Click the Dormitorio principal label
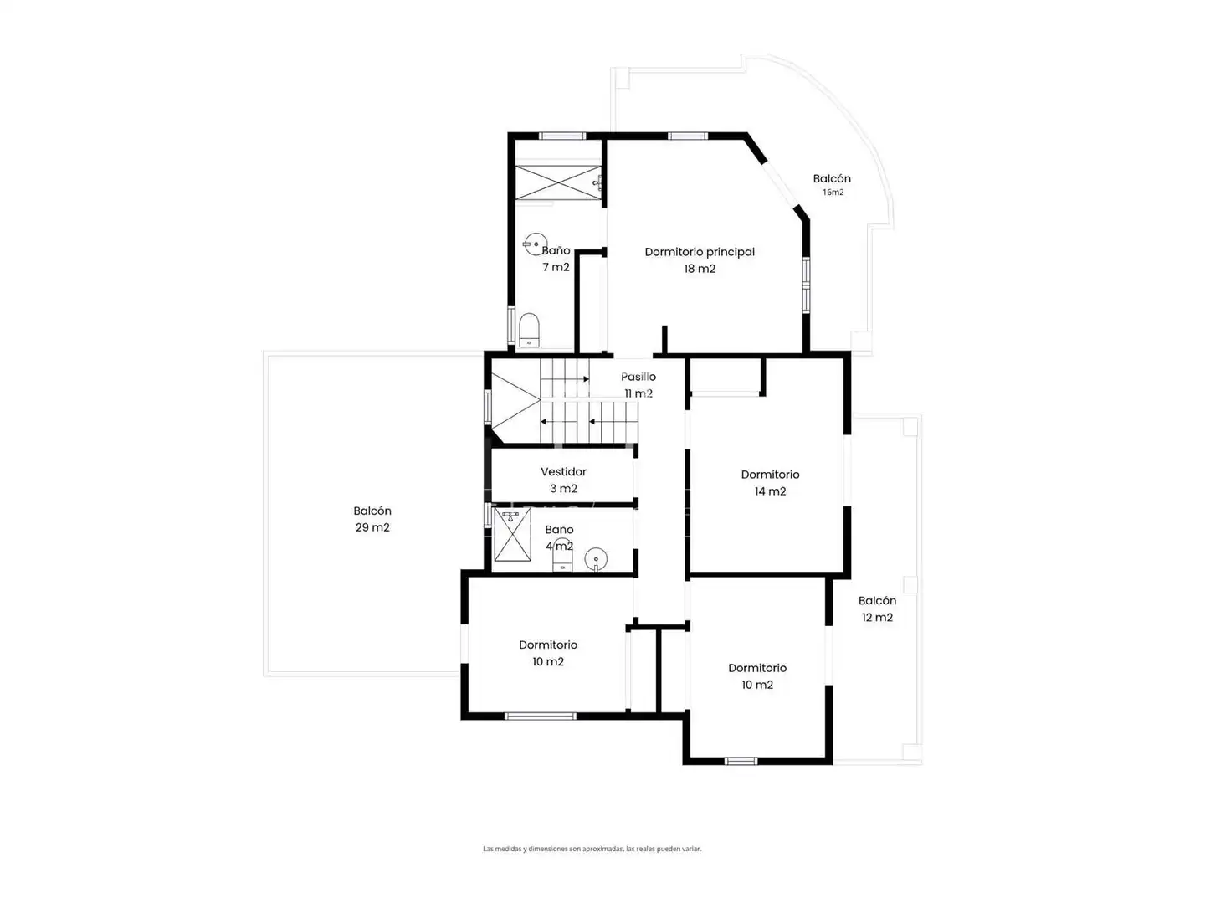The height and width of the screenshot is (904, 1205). pyautogui.click(x=700, y=252)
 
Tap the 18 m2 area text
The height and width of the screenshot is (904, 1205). pyautogui.click(x=700, y=269)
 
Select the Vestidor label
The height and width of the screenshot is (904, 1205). pyautogui.click(x=563, y=471)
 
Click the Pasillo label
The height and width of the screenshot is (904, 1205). pyautogui.click(x=638, y=377)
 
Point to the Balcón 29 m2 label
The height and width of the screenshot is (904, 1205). pyautogui.click(x=372, y=519)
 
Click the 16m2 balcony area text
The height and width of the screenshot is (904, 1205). pyautogui.click(x=833, y=193)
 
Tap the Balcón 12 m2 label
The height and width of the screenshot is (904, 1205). pyautogui.click(x=877, y=609)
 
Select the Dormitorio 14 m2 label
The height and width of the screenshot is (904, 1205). pyautogui.click(x=770, y=482)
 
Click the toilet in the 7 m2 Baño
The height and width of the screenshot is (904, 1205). pyautogui.click(x=529, y=330)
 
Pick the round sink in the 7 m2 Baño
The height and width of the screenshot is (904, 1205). pyautogui.click(x=536, y=244)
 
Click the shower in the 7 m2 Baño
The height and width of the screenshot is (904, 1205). pyautogui.click(x=558, y=182)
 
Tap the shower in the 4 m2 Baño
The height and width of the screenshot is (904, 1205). pyautogui.click(x=513, y=534)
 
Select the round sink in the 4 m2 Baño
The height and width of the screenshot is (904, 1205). pyautogui.click(x=596, y=560)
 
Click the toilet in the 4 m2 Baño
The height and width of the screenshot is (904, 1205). pyautogui.click(x=562, y=556)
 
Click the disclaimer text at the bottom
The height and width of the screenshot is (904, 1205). pyautogui.click(x=592, y=849)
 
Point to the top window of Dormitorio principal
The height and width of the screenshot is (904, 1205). pyautogui.click(x=687, y=136)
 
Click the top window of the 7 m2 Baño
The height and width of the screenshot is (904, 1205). pyautogui.click(x=562, y=136)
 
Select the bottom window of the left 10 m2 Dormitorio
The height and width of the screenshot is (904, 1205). pyautogui.click(x=541, y=716)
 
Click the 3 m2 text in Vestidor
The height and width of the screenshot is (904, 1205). pyautogui.click(x=563, y=488)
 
